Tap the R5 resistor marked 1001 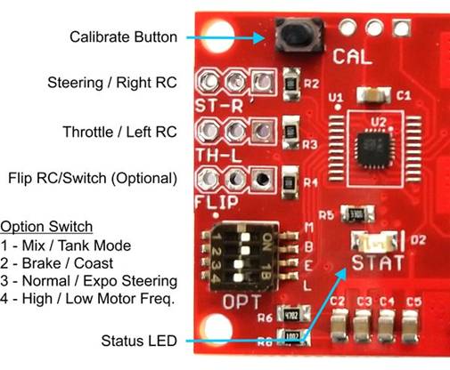tap(354, 214)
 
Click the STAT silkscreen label tap(378, 263)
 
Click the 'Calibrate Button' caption tap(126, 36)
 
